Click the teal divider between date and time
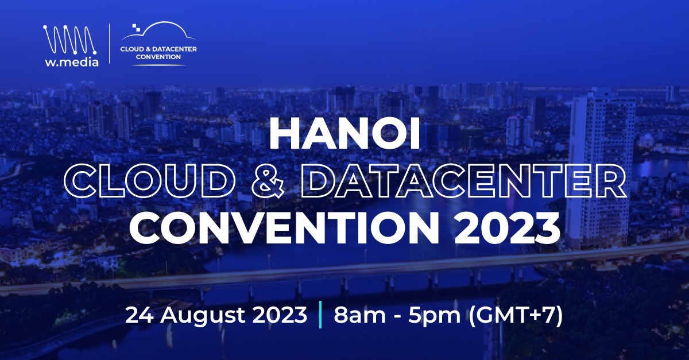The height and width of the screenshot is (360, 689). pyautogui.click(x=319, y=315)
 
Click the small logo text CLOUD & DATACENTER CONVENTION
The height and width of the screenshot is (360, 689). pyautogui.click(x=158, y=53)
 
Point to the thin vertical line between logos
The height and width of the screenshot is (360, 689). pyautogui.click(x=110, y=45)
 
